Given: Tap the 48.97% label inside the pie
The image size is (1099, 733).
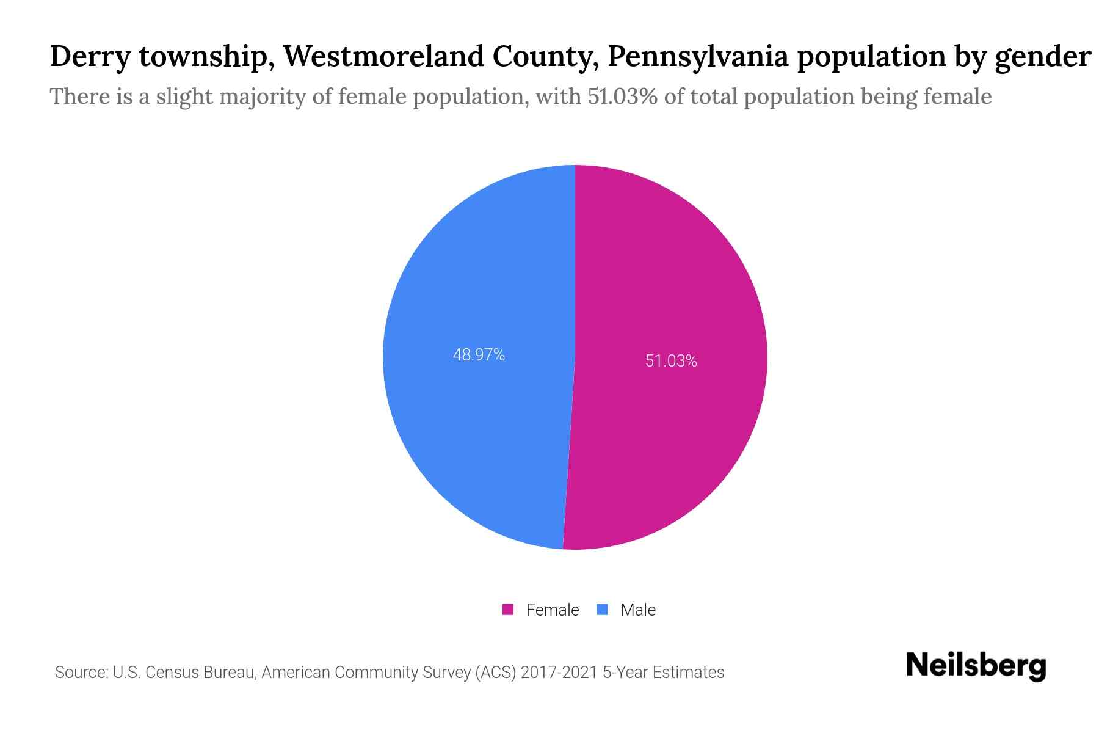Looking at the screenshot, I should click(479, 355).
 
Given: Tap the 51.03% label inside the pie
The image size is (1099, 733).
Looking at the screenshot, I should click(671, 361).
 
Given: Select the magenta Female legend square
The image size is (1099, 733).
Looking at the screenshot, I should click(508, 610).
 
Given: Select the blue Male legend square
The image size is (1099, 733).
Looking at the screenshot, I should click(603, 610).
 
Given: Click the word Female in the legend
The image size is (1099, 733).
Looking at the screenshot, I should click(552, 610).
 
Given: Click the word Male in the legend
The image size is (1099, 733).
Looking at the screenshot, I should click(637, 610).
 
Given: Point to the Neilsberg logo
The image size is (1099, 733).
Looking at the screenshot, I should click(976, 666).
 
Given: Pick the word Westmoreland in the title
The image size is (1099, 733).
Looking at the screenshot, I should click(383, 57).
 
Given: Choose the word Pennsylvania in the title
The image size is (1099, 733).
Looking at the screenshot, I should click(698, 57).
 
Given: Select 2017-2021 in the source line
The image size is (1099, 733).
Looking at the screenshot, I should click(559, 673).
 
